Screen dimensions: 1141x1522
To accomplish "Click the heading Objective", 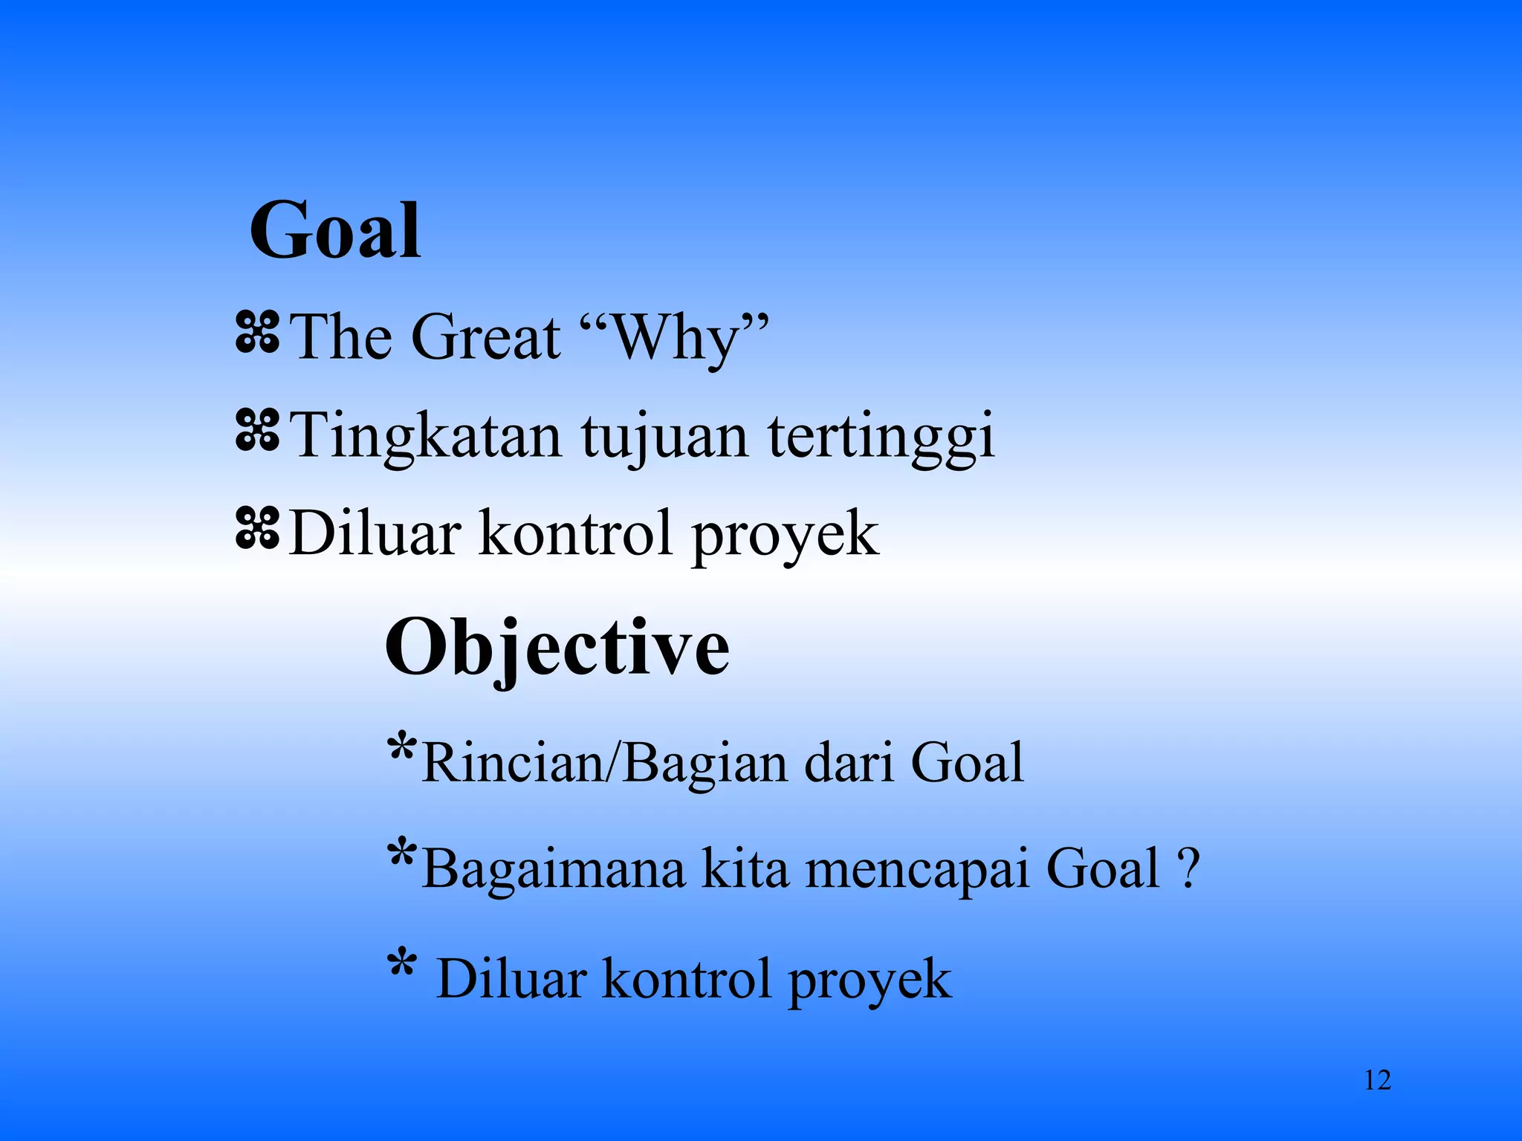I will (x=557, y=648).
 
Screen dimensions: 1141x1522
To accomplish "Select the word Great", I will (x=485, y=337).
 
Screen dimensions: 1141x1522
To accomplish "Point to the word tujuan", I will (x=664, y=437).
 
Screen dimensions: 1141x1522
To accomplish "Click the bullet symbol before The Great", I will (x=257, y=332).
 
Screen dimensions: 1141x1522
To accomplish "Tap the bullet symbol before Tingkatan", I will (x=257, y=431).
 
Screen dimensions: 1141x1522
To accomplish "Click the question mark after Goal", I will (x=1188, y=868).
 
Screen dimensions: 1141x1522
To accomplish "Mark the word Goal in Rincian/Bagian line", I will (x=967, y=763).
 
